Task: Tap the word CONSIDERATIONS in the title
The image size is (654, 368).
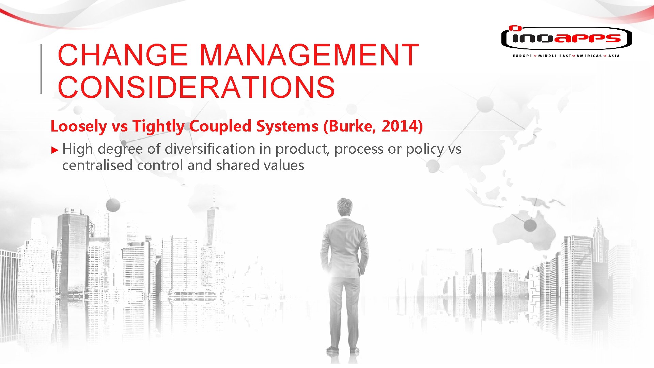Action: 197,87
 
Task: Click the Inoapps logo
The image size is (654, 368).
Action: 566,38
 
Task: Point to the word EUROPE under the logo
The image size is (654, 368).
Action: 522,56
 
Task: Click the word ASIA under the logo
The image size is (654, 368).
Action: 614,56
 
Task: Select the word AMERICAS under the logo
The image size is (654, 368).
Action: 589,56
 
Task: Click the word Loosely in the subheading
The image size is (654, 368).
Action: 79,126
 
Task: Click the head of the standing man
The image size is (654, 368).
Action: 345,207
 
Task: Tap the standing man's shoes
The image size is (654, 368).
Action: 342,350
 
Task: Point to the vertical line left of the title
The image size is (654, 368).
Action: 41,68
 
